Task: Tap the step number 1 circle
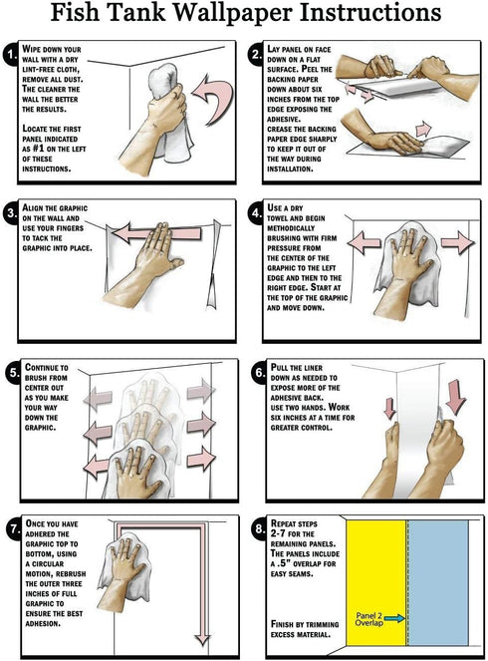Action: (x=12, y=55)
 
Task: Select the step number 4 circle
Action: (x=257, y=213)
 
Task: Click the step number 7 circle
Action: (x=15, y=528)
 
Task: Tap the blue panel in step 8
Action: (x=438, y=582)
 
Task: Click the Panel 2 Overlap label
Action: (x=368, y=619)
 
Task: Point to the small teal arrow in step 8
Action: (x=394, y=618)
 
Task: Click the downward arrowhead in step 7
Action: (x=203, y=639)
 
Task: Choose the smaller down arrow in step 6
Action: (x=390, y=408)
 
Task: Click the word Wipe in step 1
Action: (x=31, y=49)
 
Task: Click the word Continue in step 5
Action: (x=47, y=368)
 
